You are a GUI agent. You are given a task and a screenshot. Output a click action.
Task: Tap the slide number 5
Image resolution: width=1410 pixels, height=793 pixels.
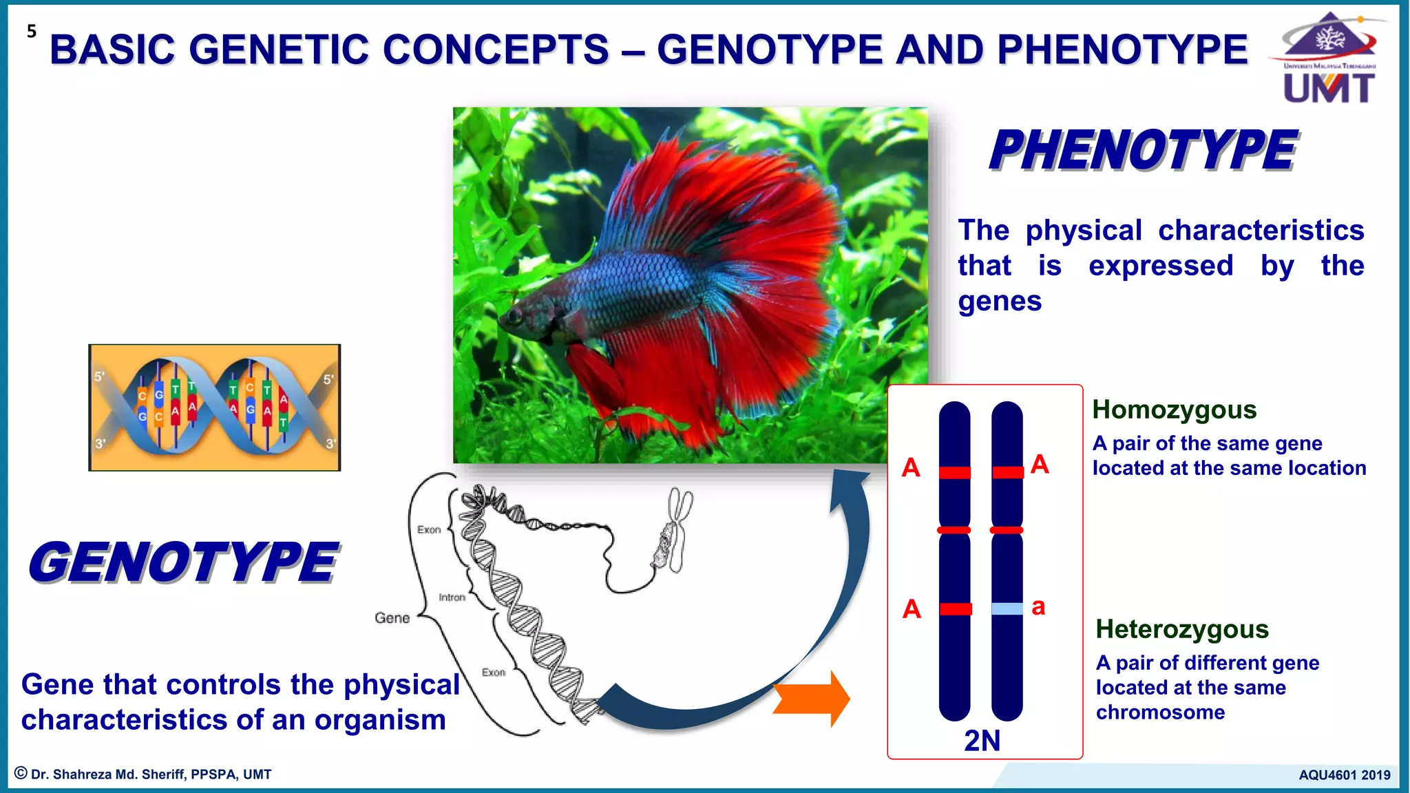[32, 31]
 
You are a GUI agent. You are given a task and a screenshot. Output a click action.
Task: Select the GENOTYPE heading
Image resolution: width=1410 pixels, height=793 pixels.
[183, 562]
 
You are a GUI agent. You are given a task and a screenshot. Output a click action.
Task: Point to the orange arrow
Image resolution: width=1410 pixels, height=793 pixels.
[812, 699]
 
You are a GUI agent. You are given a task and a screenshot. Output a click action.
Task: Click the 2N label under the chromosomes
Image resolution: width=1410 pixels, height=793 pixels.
[982, 741]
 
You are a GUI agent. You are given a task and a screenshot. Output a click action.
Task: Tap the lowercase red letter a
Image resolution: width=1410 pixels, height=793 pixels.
[1038, 606]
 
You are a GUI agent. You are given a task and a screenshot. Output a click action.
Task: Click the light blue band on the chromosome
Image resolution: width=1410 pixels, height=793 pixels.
[1007, 609]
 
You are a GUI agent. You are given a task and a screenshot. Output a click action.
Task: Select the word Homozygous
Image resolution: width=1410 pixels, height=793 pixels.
[1175, 410]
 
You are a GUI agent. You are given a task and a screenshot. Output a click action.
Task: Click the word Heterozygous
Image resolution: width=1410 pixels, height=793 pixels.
[1182, 629]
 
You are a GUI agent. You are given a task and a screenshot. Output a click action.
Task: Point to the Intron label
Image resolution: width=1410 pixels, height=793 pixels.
[452, 598]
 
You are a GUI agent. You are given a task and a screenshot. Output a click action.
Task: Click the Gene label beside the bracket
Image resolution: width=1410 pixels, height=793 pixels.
[392, 618]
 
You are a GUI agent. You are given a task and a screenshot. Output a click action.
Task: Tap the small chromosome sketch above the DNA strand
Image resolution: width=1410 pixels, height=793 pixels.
[673, 530]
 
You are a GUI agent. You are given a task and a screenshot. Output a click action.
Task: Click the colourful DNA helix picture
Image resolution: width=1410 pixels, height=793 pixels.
[215, 408]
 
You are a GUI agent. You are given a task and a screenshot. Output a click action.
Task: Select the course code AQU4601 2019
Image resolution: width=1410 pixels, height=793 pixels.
[1344, 775]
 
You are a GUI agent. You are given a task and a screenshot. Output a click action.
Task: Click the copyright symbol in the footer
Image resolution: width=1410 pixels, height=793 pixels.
[21, 774]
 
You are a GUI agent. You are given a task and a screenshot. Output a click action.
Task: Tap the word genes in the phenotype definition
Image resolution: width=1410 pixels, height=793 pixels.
[1000, 302]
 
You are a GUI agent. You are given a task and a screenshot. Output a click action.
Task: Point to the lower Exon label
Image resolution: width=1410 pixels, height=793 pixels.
[493, 672]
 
